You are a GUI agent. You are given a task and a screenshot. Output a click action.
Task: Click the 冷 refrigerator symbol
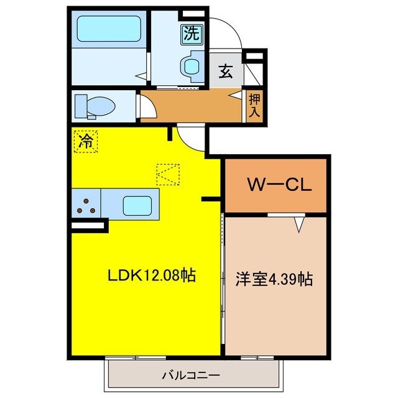coord(86,141)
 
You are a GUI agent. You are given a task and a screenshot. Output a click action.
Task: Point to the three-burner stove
coord(85,205)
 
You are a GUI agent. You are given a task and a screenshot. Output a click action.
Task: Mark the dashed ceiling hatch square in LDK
coord(168,174)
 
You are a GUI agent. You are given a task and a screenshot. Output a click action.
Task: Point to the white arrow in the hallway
coord(236,95)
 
